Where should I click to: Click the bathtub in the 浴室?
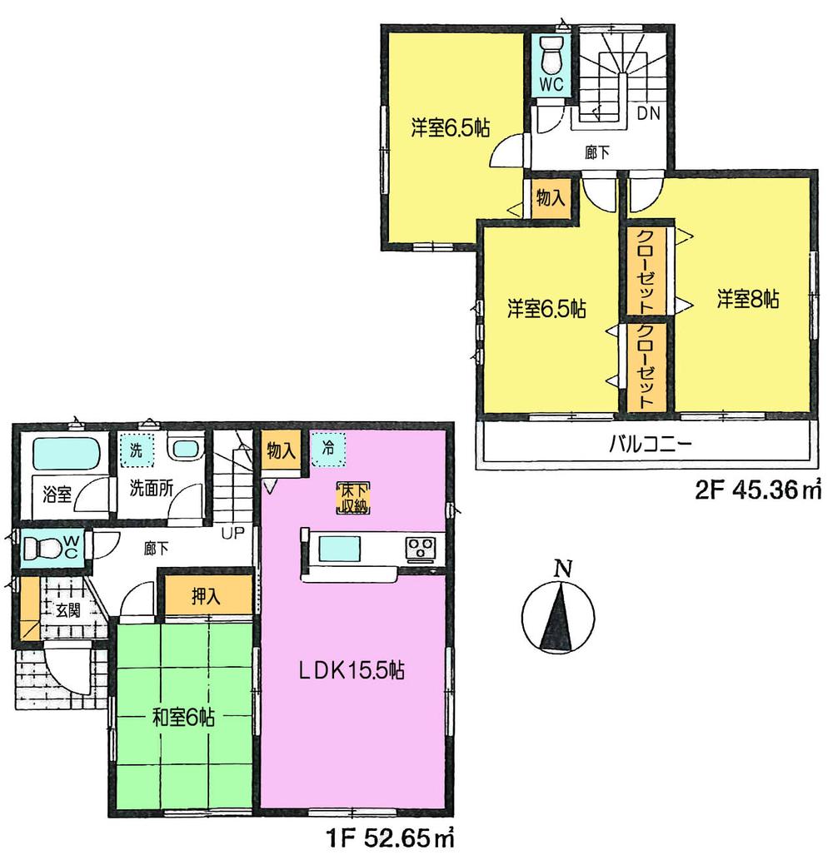[67, 455]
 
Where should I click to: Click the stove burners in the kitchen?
[420, 549]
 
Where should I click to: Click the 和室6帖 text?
[183, 717]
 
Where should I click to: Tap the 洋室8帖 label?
[746, 301]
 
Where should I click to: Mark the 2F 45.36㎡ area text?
[758, 490]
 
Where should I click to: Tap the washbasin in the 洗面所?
[186, 450]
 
